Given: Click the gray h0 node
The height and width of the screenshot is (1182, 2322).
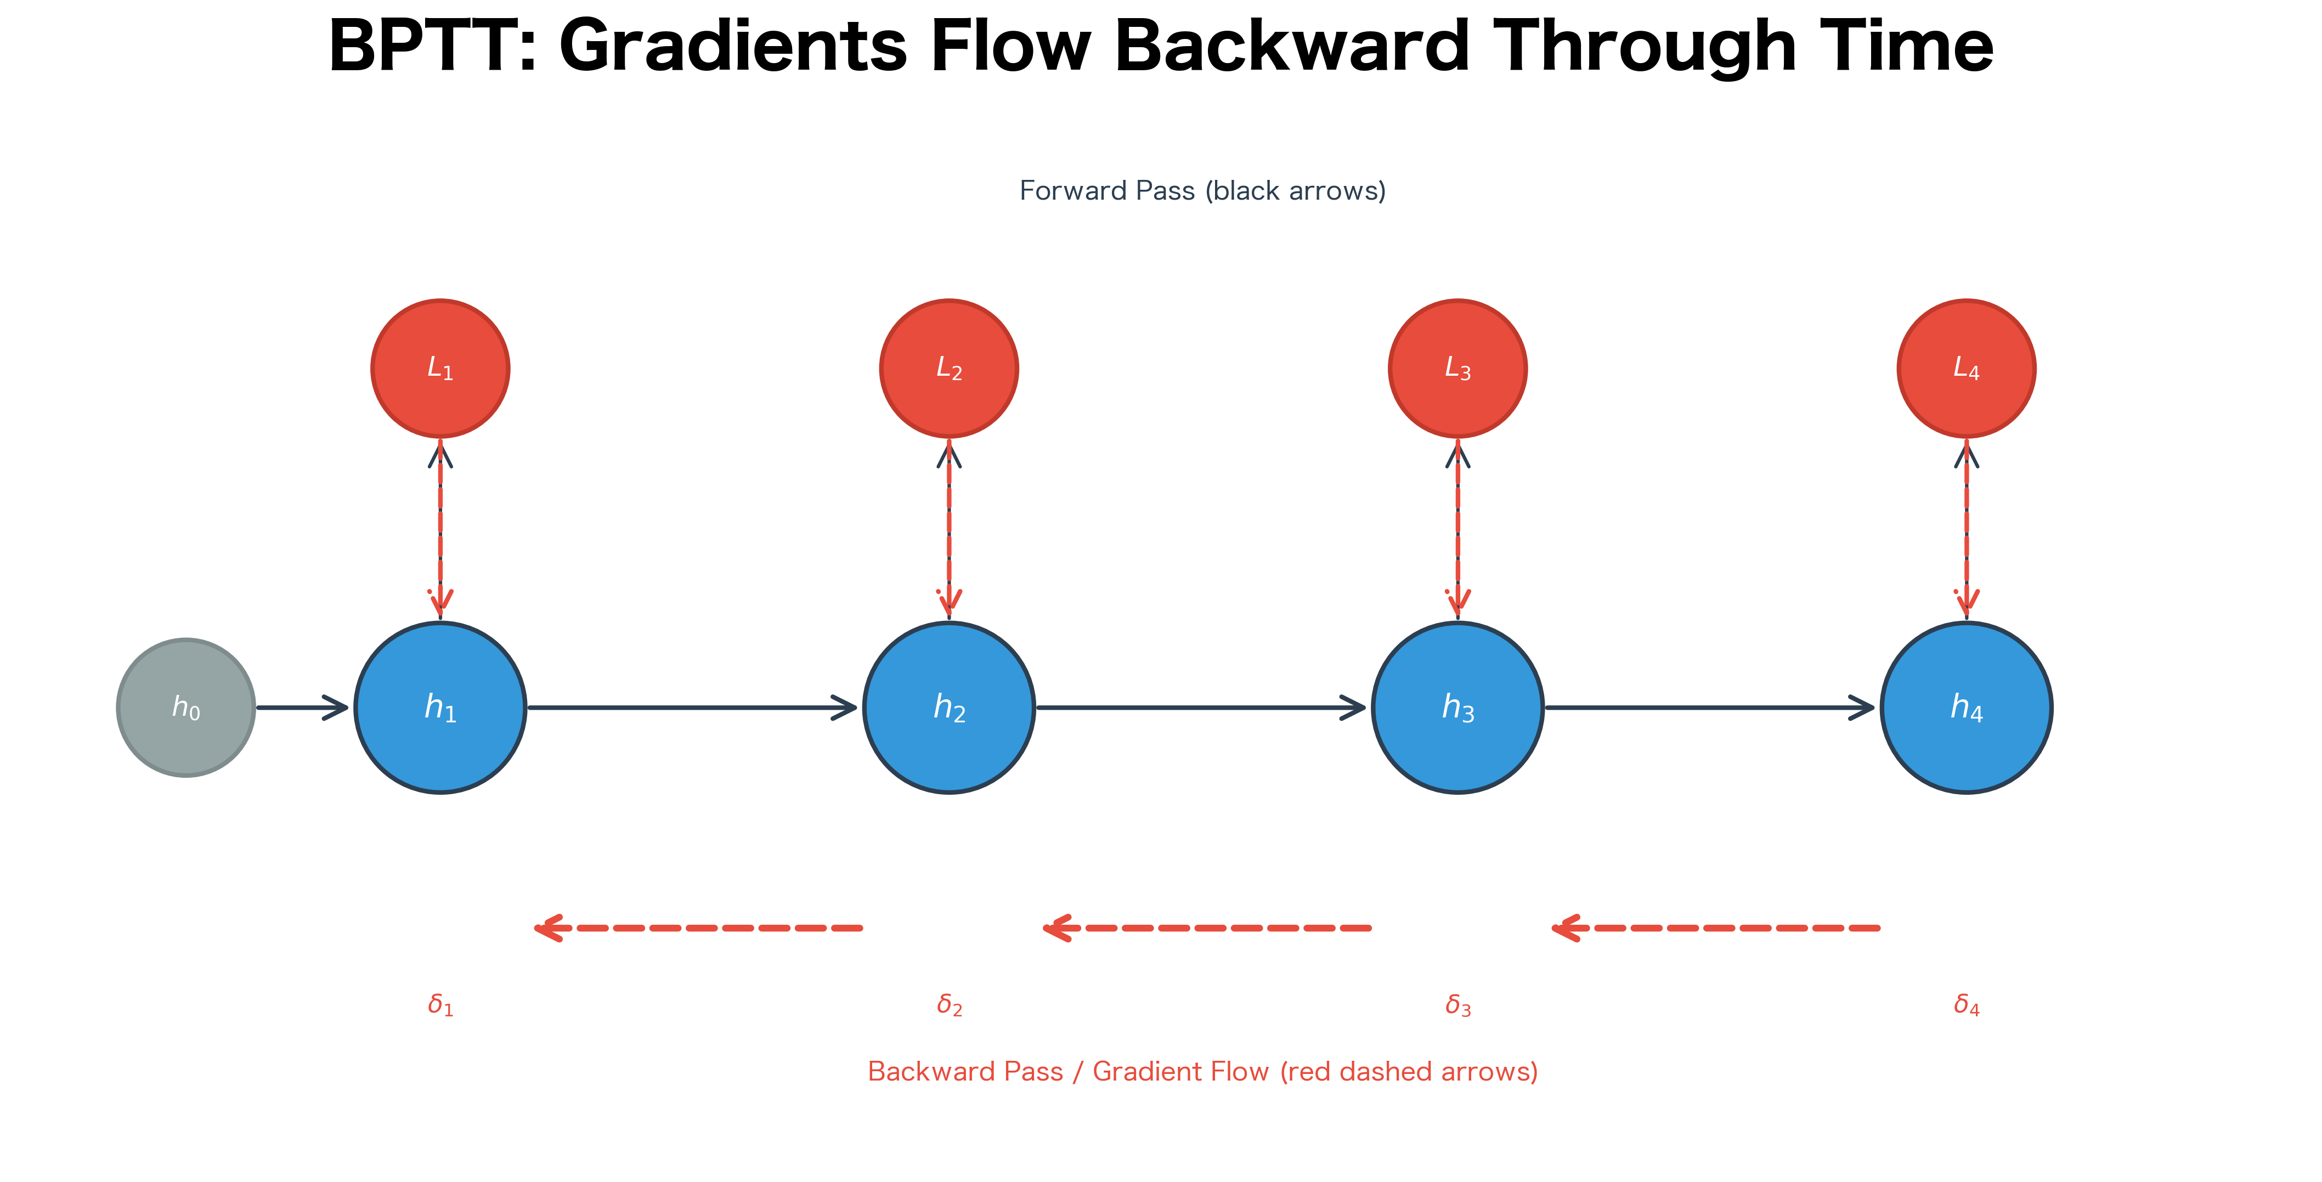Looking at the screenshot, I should (186, 708).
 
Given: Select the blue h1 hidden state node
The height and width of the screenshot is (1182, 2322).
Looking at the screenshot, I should (440, 708).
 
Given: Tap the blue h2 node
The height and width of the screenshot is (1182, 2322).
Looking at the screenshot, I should (948, 708).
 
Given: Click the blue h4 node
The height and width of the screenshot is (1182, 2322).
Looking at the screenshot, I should (1966, 708).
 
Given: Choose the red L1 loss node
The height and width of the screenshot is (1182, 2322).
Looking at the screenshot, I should (440, 369).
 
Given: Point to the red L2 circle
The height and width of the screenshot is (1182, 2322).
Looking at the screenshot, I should (948, 369).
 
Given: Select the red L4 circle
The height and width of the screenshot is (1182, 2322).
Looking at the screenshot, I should (1966, 369).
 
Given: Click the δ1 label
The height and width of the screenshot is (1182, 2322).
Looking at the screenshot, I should (440, 1004).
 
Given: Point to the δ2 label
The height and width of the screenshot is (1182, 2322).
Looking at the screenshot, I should (949, 1004).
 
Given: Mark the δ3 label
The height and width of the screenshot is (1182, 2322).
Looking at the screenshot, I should (1457, 1004).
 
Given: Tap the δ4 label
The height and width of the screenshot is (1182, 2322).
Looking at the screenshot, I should (1966, 1004).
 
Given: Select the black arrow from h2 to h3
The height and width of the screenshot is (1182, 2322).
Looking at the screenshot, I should (1201, 708).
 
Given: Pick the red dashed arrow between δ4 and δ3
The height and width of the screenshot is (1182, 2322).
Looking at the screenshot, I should (1715, 927).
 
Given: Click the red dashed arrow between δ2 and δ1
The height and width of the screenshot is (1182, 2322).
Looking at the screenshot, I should (699, 927).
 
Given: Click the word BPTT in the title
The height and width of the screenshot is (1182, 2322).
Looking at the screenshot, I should (433, 47).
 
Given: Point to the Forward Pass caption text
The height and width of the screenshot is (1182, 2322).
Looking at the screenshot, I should (1201, 191).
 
